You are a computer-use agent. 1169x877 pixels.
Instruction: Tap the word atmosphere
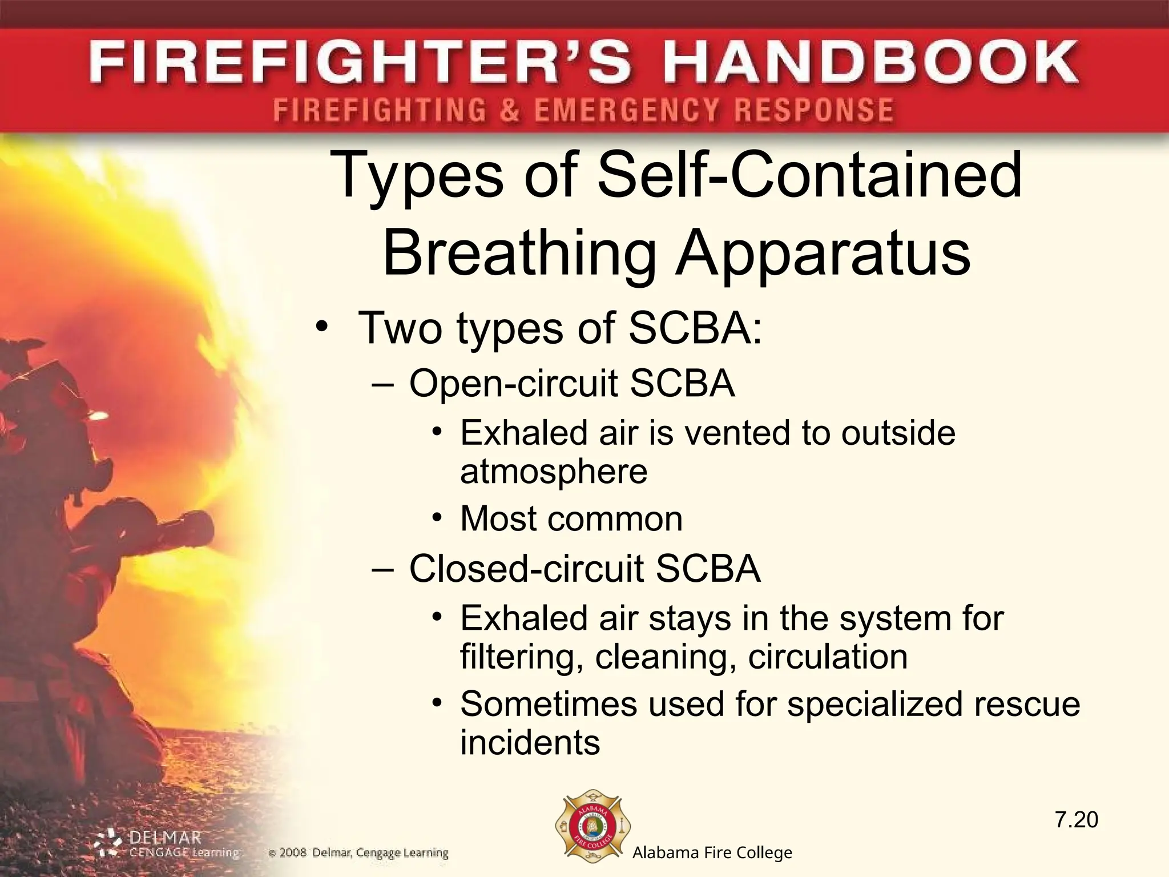554,472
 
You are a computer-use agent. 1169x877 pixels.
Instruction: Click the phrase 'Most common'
571,518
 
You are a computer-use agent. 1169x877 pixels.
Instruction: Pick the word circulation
828,657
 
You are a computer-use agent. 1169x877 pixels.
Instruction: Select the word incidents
530,742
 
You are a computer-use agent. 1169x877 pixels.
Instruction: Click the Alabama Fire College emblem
593,830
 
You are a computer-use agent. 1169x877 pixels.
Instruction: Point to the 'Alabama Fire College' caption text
712,853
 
